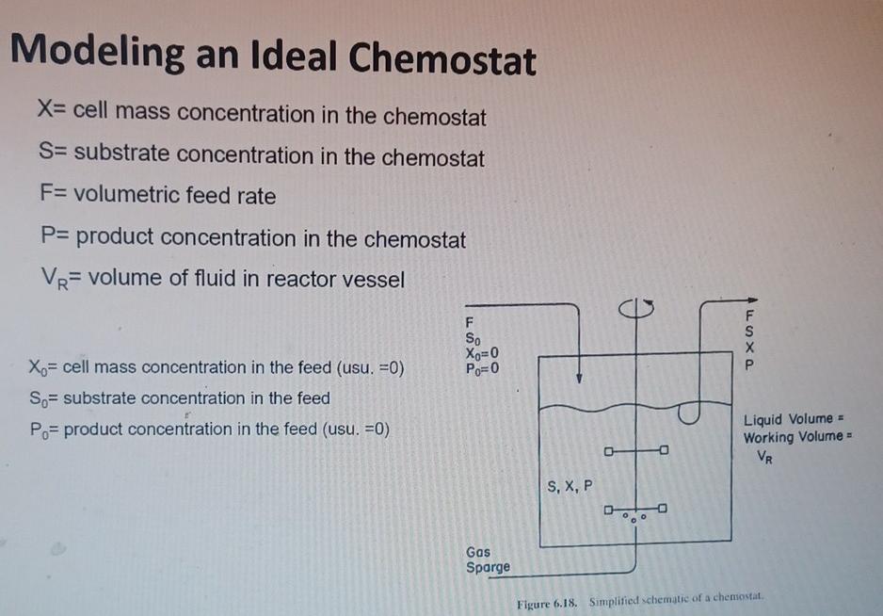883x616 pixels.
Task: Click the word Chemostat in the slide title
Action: [442, 60]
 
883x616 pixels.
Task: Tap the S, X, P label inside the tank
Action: [570, 486]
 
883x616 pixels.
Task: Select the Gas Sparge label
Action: [488, 559]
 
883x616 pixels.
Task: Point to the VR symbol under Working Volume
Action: [768, 456]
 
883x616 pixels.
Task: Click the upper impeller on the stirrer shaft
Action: [637, 450]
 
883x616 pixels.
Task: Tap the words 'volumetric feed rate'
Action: [175, 196]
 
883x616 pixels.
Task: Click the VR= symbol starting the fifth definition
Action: [54, 280]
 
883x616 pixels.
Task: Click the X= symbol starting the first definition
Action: [49, 115]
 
